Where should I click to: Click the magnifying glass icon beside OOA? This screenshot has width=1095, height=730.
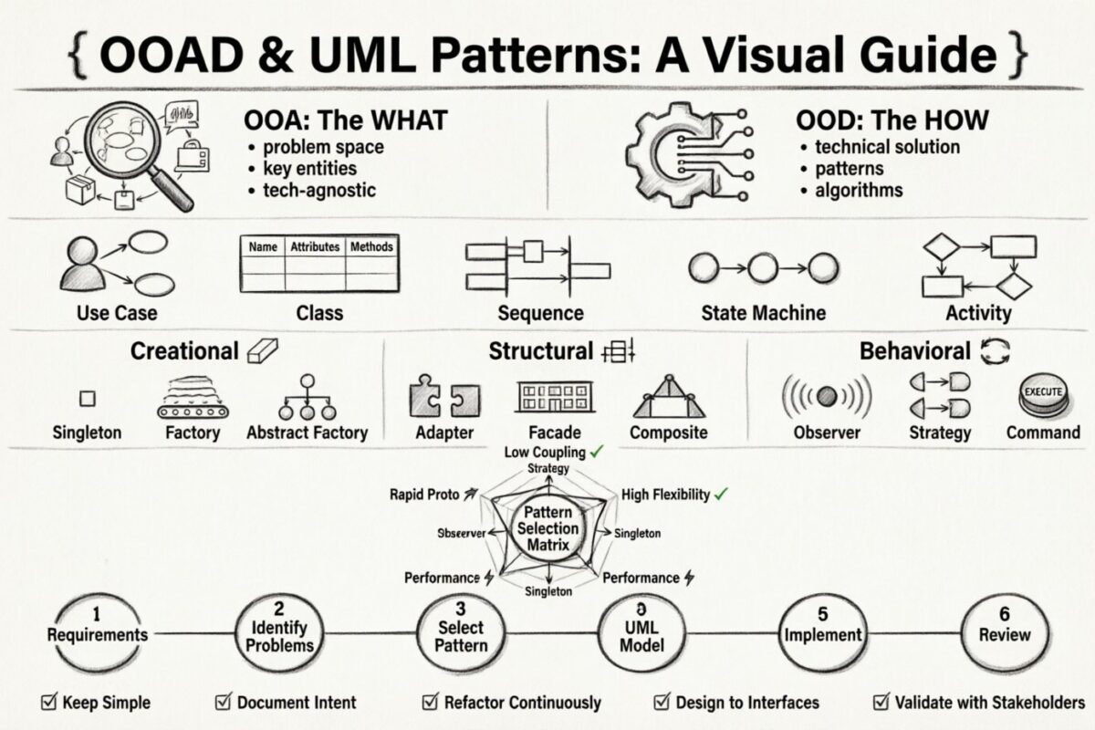tap(137, 146)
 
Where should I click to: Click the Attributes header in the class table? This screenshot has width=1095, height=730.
tap(315, 246)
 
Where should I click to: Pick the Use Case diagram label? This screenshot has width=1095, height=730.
tap(116, 313)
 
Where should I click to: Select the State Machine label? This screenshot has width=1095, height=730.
tap(763, 313)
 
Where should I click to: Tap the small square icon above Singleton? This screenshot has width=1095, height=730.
tap(87, 399)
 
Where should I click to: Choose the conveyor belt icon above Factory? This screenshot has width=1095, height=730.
tap(193, 399)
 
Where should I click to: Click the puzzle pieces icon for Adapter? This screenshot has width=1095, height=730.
tap(444, 398)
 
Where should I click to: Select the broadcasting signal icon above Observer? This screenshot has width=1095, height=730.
tap(827, 397)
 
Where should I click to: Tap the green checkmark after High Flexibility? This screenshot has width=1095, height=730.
tap(721, 495)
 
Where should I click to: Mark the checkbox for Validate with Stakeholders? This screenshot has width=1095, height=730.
tap(881, 702)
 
